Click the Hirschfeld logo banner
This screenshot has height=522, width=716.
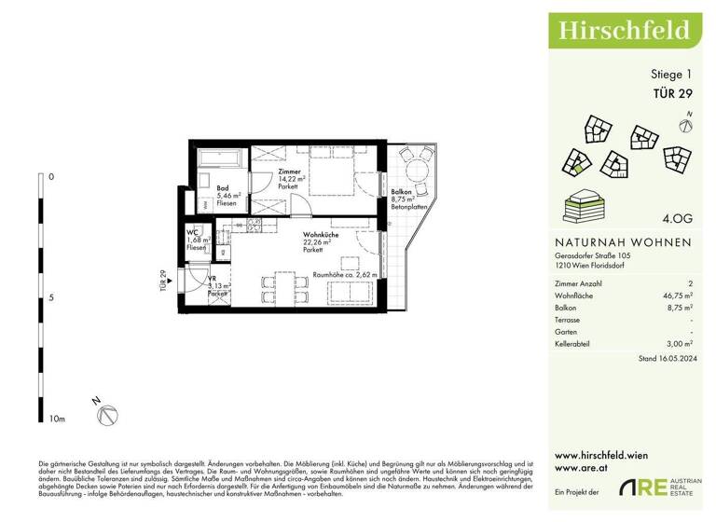pyautogui.click(x=624, y=31)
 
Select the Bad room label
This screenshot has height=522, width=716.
pyautogui.click(x=223, y=188)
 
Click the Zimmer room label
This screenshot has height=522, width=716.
pyautogui.click(x=290, y=172)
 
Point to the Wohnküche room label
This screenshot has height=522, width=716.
pyautogui.click(x=320, y=237)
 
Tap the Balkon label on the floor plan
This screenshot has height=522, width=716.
pyautogui.click(x=403, y=191)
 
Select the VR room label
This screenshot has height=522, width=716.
pyautogui.click(x=213, y=277)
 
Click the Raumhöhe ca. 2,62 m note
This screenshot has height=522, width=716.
pyautogui.click(x=344, y=275)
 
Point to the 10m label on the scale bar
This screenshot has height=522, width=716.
pyautogui.click(x=58, y=419)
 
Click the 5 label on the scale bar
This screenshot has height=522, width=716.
pyautogui.click(x=51, y=298)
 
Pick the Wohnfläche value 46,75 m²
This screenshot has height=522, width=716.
pyautogui.click(x=676, y=294)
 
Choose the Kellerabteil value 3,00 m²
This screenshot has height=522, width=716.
pyautogui.click(x=678, y=344)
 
